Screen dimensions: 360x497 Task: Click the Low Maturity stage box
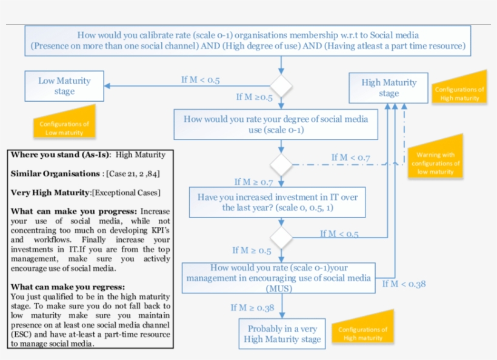(x=64, y=86)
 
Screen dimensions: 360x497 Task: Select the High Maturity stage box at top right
(x=389, y=88)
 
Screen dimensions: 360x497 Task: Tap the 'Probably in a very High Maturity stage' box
(x=282, y=334)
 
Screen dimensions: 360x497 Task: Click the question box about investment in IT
(x=278, y=202)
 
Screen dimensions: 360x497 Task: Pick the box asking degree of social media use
(x=276, y=124)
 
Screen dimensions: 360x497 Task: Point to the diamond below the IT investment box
(x=281, y=235)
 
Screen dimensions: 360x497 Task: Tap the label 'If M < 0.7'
(x=350, y=158)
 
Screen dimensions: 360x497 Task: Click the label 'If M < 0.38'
(x=404, y=283)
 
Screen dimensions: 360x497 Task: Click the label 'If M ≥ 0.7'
(x=254, y=182)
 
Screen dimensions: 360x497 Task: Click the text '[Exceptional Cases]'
(x=126, y=193)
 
